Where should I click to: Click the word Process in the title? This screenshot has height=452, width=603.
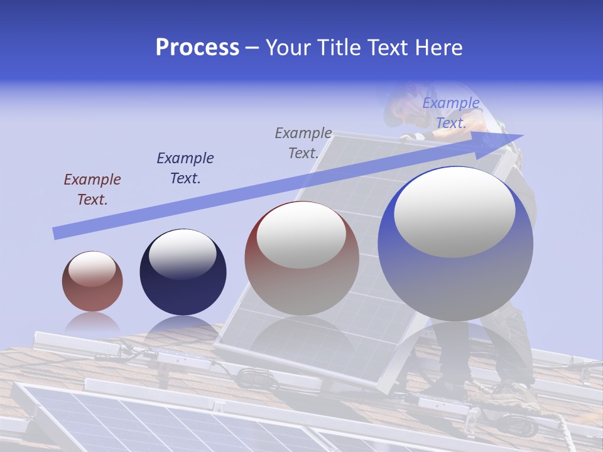pos(197,48)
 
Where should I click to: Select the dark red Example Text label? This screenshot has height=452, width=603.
pos(92,190)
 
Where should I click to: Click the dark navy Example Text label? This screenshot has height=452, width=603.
pos(185,168)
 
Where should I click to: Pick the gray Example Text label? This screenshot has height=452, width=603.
pos(303,143)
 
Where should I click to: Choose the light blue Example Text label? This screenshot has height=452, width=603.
pos(450,113)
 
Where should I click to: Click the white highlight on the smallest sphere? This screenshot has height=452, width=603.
pos(92,269)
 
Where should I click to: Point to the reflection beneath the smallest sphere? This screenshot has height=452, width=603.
pos(92,323)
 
